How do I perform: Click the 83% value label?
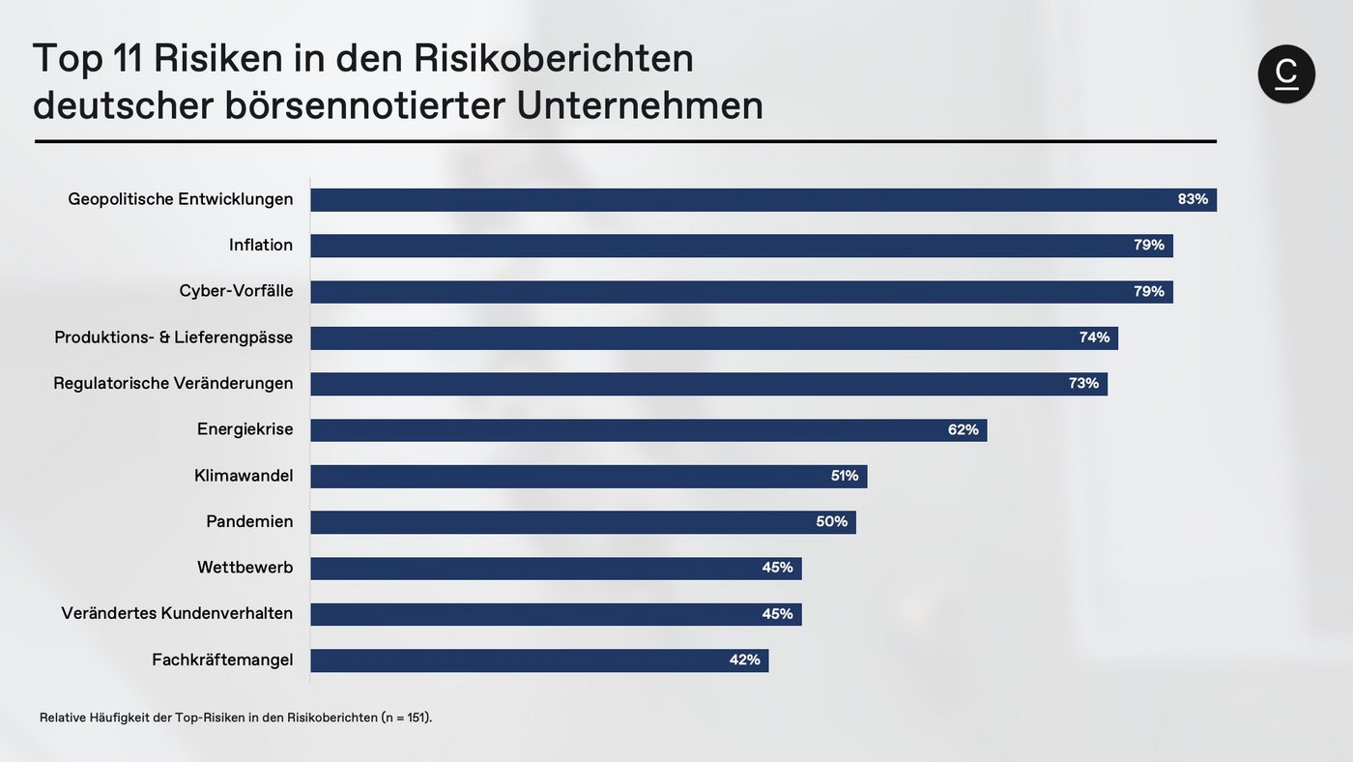click(1193, 199)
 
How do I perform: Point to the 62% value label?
click(964, 429)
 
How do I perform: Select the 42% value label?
click(745, 660)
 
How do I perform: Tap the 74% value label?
click(1095, 337)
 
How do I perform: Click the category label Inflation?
click(261, 246)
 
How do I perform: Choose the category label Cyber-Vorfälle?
click(237, 291)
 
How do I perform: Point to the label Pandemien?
click(249, 522)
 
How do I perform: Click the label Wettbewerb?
click(245, 568)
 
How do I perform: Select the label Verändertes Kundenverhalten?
click(177, 614)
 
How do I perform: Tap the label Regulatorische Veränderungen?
click(173, 384)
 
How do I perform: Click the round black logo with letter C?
click(1286, 74)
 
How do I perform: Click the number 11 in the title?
click(127, 59)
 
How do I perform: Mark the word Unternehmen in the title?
click(640, 105)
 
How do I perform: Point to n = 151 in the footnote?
click(405, 718)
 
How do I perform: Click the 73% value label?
click(1083, 384)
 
